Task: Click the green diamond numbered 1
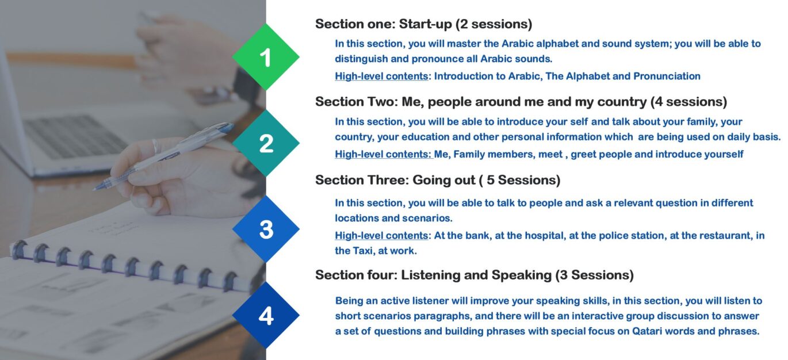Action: pyautogui.click(x=266, y=57)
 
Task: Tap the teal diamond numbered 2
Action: pyautogui.click(x=266, y=143)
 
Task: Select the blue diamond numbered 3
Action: pyautogui.click(x=266, y=229)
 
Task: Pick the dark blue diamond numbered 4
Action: pyautogui.click(x=266, y=315)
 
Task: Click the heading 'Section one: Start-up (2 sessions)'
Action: pyautogui.click(x=423, y=24)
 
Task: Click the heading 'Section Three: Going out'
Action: pyautogui.click(x=395, y=180)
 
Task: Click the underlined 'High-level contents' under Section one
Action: pyautogui.click(x=381, y=76)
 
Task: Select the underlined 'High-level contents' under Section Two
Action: pyautogui.click(x=384, y=154)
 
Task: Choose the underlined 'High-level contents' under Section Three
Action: pyautogui.click(x=381, y=236)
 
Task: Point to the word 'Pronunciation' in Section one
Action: pyautogui.click(x=667, y=76)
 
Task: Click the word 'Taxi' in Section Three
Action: pyautogui.click(x=364, y=251)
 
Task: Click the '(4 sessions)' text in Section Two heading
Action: pyautogui.click(x=688, y=102)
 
